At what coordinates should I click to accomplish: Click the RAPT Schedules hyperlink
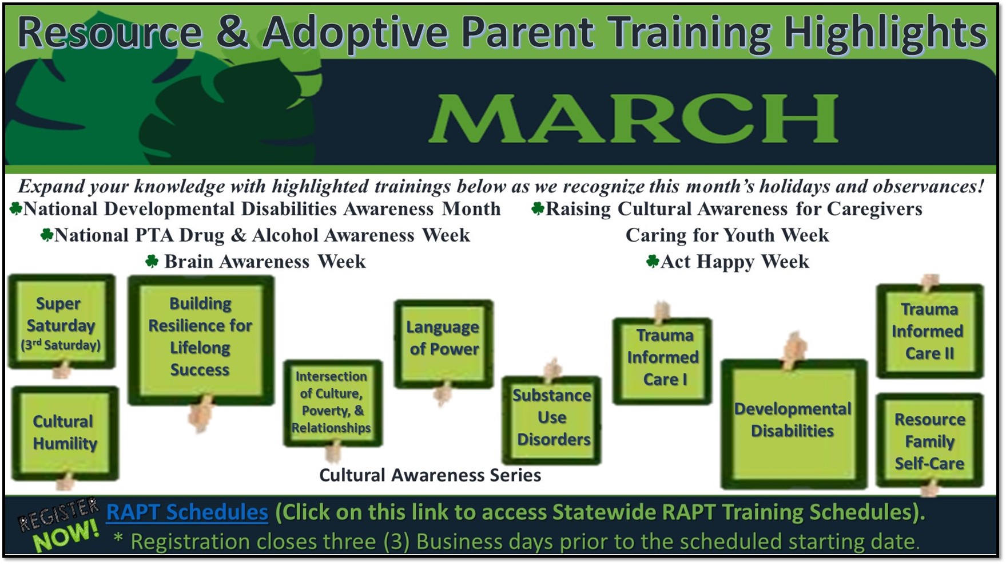(x=187, y=512)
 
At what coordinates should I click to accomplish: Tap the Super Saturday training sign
(x=62, y=321)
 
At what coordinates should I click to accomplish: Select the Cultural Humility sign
(x=65, y=433)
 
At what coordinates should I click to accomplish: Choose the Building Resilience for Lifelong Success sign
(x=201, y=341)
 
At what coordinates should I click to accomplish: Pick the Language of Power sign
(x=444, y=344)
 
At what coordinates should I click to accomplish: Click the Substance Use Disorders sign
(x=552, y=420)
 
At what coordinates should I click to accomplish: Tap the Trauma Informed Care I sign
(x=662, y=361)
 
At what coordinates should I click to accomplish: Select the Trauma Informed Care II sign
(x=930, y=331)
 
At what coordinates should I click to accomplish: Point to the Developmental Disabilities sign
(x=794, y=424)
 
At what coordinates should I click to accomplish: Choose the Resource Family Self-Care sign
(x=930, y=440)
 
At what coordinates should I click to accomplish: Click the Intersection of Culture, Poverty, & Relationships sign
(x=332, y=403)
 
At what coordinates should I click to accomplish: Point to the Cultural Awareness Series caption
(x=430, y=475)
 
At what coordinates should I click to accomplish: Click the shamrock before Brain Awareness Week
(x=152, y=261)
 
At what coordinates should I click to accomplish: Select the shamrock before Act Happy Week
(x=653, y=262)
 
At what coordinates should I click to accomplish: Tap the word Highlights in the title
(x=885, y=32)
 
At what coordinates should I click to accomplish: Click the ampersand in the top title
(x=232, y=32)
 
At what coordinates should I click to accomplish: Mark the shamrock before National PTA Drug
(x=46, y=235)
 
